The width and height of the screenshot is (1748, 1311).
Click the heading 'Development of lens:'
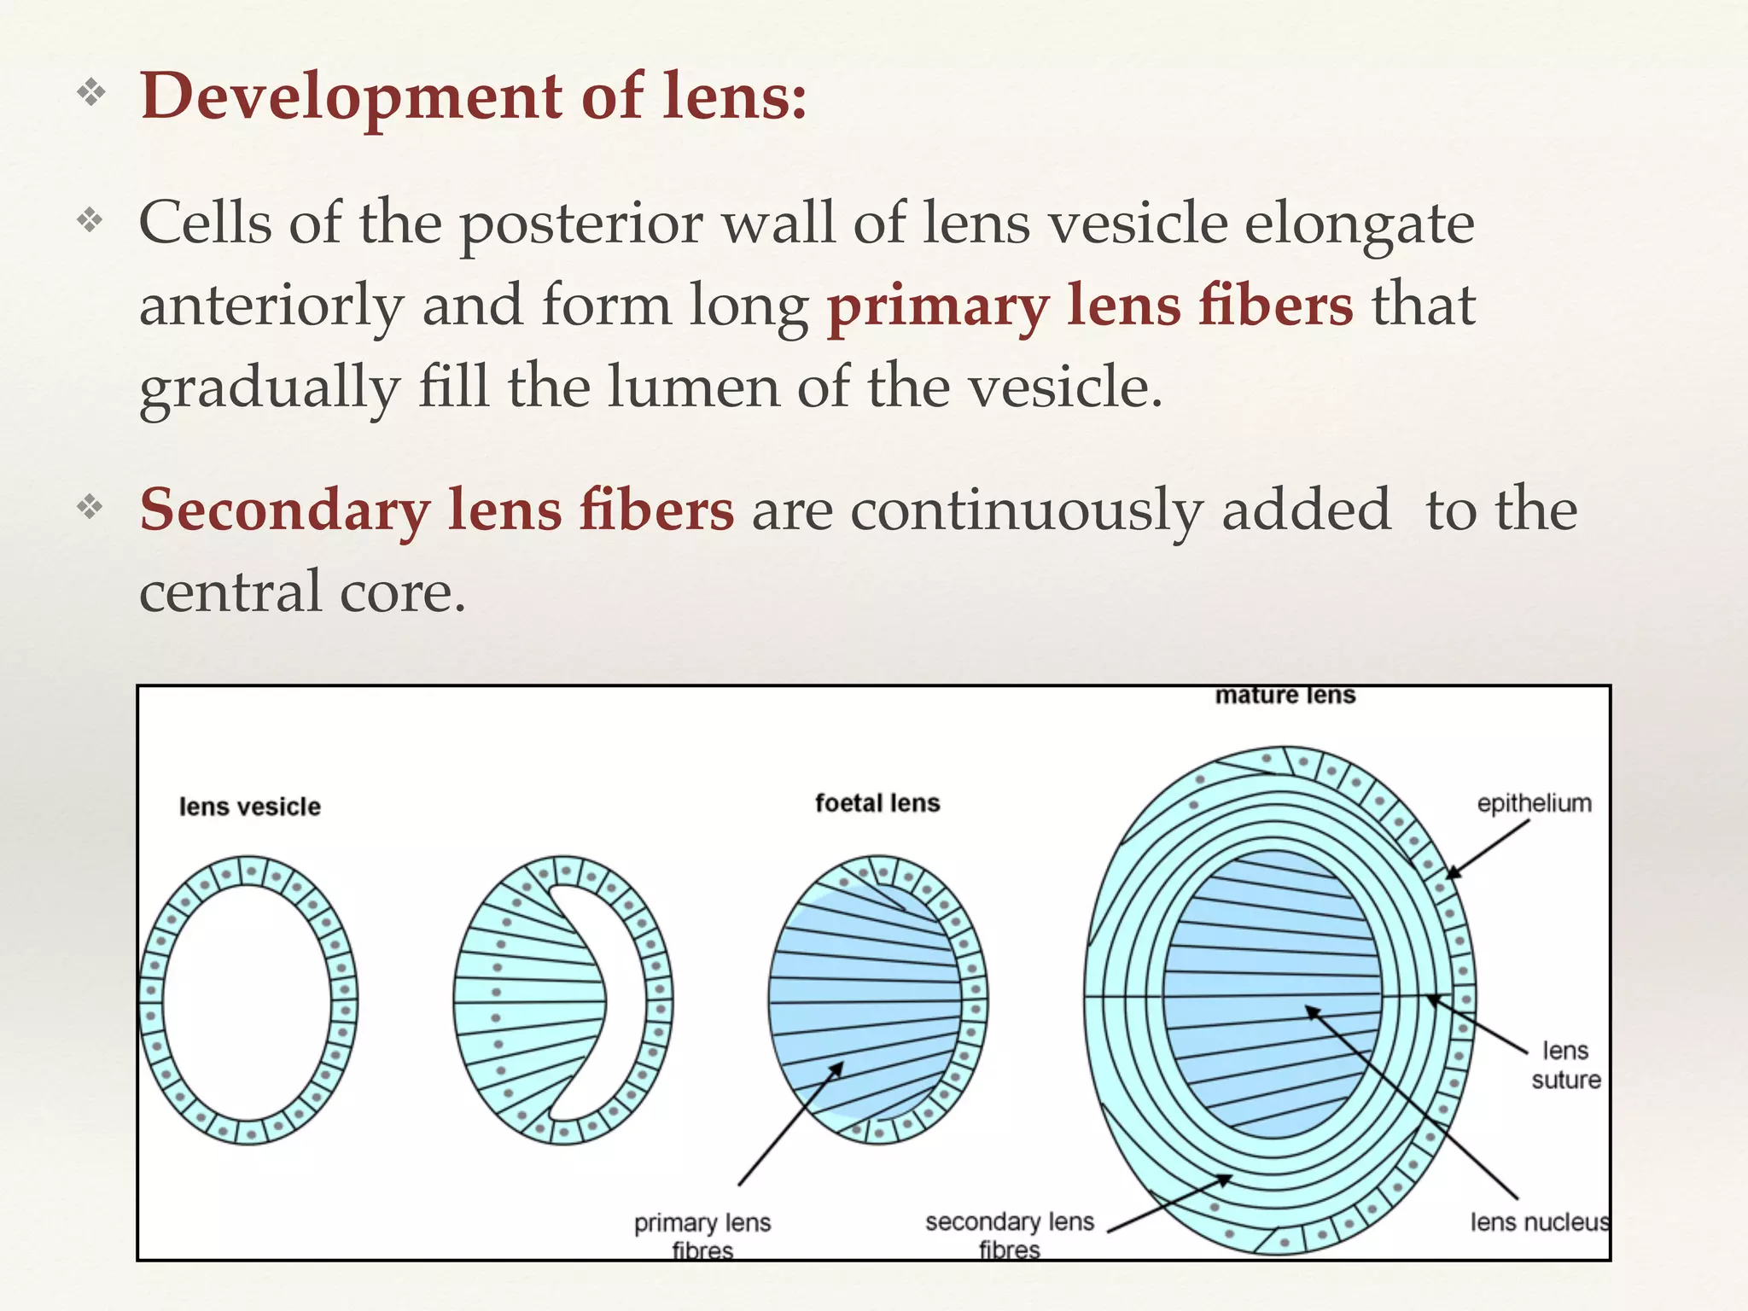coord(473,96)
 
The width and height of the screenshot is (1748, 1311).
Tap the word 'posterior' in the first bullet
coord(580,224)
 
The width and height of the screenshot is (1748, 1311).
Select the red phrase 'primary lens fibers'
coord(1090,306)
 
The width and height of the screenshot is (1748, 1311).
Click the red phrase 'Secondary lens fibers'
coord(436,510)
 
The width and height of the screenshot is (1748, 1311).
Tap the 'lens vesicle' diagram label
coord(249,807)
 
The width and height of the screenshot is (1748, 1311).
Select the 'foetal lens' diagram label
coord(877,803)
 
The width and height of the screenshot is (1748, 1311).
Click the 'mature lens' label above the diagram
coord(1285,696)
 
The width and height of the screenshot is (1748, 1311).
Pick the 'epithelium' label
coord(1534,803)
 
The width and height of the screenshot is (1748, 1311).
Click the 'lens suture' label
coord(1565,1065)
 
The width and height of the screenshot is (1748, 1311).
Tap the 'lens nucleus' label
coord(1539,1222)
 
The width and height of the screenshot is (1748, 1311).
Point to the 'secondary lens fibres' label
coord(1009,1235)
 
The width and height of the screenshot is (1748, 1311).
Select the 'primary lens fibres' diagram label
coord(702,1236)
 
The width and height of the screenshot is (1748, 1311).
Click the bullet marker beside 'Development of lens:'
coord(90,92)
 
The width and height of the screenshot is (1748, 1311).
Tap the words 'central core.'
coord(302,591)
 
